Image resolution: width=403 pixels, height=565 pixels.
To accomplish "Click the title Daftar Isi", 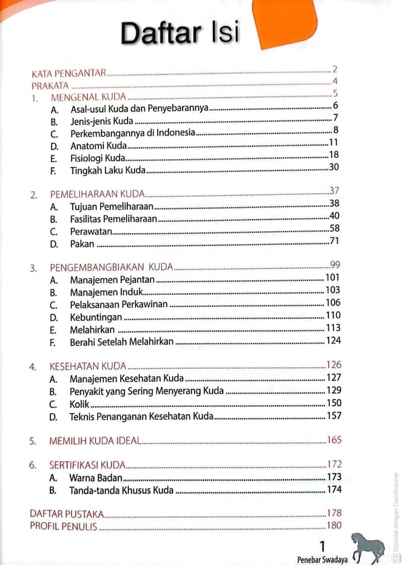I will pyautogui.click(x=179, y=32).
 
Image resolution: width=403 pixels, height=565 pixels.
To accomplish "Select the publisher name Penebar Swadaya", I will pyautogui.click(x=322, y=558).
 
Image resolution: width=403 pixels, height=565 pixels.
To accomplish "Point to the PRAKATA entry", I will pyautogui.click(x=50, y=85).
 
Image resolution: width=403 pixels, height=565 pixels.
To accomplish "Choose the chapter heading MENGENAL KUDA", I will pyautogui.click(x=85, y=98).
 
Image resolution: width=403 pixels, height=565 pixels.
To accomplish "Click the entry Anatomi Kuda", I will pyautogui.click(x=97, y=145).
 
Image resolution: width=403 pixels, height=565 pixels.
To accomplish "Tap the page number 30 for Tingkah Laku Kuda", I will pyautogui.click(x=334, y=168).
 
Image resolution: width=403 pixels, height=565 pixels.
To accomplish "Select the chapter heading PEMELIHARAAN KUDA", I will pyautogui.click(x=97, y=195).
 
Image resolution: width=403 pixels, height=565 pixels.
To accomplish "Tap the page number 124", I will pyautogui.click(x=333, y=341).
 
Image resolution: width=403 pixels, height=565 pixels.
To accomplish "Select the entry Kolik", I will pyautogui.click(x=79, y=404).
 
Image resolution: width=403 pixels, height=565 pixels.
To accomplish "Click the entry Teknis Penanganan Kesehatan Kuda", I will pyautogui.click(x=141, y=417).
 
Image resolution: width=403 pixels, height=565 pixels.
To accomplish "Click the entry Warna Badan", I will pyautogui.click(x=95, y=478).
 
